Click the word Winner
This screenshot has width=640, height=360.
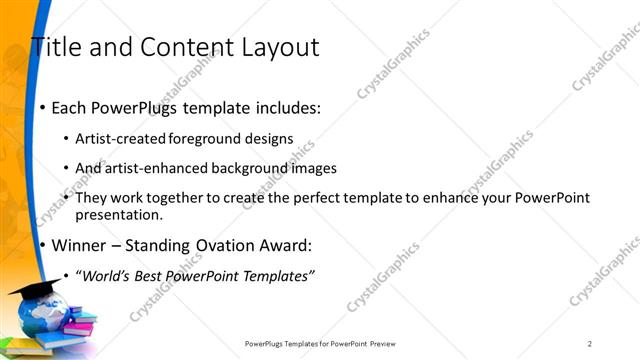79,245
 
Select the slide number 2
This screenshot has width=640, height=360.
590,343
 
